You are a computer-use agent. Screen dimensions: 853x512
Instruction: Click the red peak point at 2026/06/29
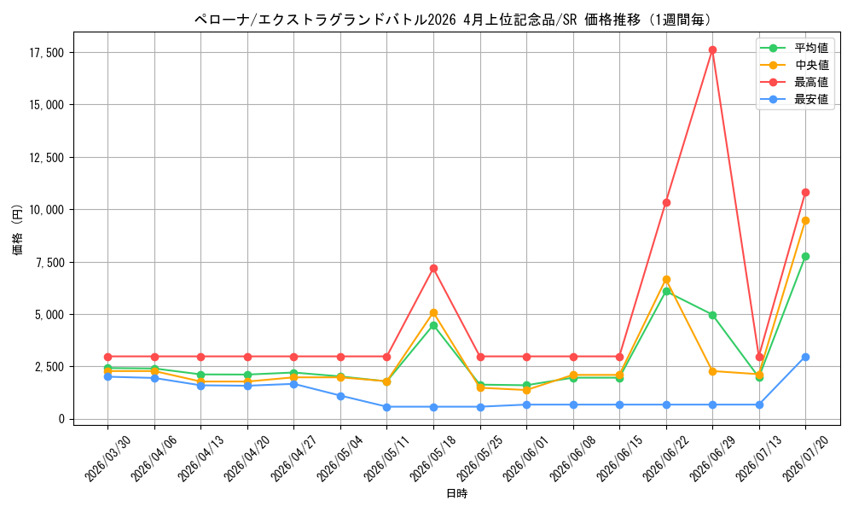712,50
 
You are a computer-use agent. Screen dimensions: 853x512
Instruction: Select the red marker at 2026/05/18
433,268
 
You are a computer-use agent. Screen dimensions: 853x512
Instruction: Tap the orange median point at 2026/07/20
805,220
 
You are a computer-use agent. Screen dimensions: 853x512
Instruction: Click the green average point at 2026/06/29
712,315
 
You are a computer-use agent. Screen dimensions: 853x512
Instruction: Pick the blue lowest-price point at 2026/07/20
805,357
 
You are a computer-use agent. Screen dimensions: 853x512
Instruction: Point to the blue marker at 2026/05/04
340,396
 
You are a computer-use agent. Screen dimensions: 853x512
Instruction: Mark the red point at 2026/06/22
666,202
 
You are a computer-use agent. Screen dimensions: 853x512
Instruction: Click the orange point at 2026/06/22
666,280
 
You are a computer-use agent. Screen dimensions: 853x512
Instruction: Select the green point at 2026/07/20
805,256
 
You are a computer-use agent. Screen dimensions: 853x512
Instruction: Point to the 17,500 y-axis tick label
47,53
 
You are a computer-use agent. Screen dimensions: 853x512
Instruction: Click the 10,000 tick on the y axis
47,209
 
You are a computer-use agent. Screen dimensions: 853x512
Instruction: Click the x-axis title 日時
457,493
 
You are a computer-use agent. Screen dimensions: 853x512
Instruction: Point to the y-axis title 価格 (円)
17,229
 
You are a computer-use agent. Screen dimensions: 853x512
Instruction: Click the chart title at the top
454,20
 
